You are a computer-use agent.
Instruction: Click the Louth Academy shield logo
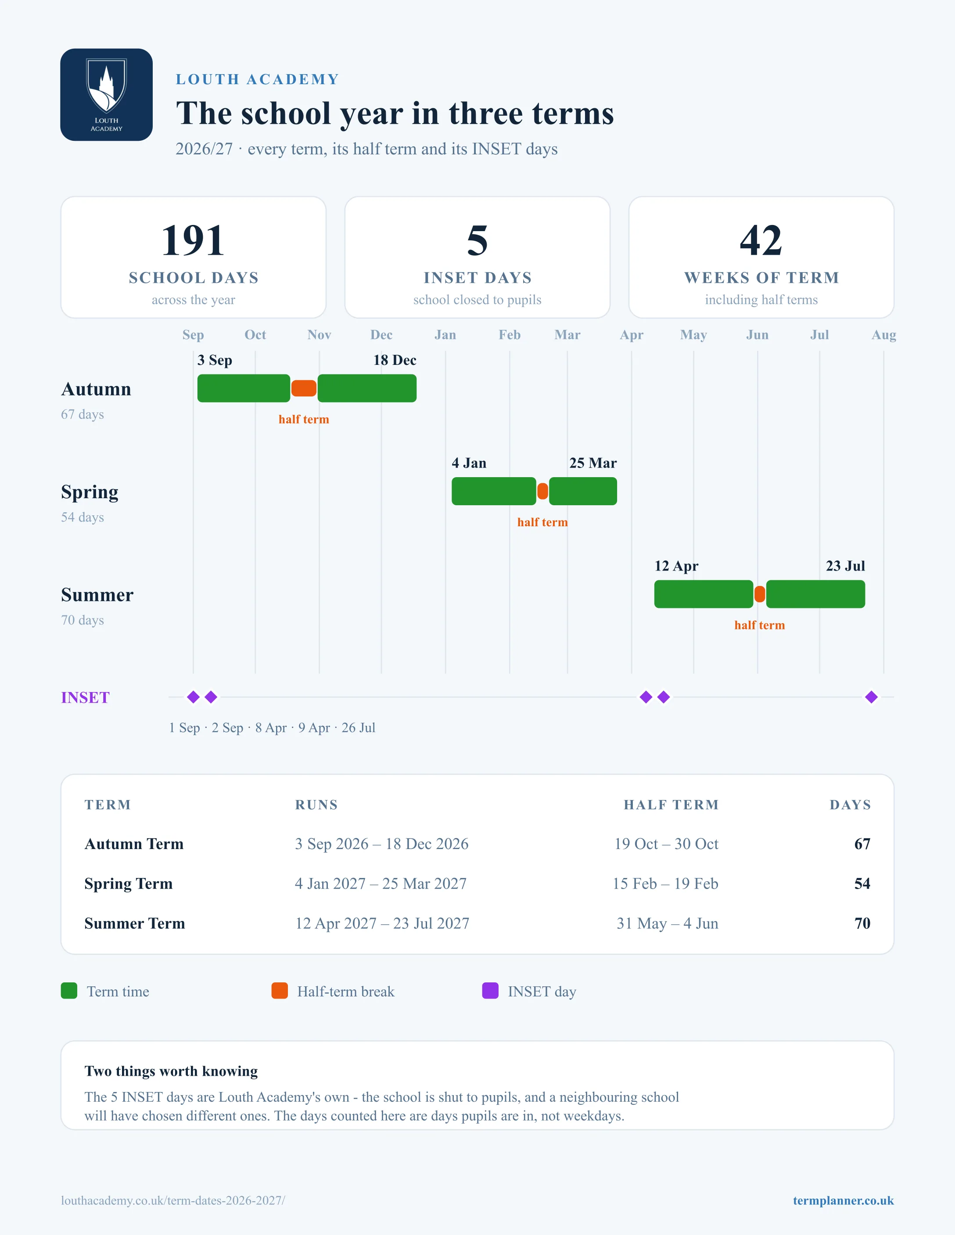coord(106,94)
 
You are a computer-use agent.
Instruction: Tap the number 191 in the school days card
coord(193,240)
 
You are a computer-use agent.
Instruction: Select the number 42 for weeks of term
coord(761,240)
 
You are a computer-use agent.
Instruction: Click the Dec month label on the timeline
coord(381,335)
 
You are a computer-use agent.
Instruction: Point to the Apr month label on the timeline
coord(632,335)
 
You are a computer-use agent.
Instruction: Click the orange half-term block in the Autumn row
coord(304,389)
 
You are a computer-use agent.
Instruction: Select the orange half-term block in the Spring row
coord(542,491)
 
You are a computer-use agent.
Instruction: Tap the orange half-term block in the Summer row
coord(760,594)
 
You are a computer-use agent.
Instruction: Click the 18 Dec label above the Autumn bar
coord(395,360)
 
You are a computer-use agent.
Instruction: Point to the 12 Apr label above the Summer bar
coord(677,566)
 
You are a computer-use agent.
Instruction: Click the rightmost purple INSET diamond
coord(871,697)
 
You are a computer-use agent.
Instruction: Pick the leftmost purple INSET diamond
coord(194,697)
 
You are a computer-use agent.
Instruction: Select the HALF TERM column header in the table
coord(671,805)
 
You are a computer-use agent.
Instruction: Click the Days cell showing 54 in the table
coord(862,883)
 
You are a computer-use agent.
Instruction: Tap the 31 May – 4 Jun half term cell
coord(668,924)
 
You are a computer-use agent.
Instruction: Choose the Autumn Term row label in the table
coord(134,844)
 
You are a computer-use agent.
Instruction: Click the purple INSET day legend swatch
coord(491,991)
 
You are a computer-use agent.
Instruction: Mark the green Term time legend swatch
coord(69,991)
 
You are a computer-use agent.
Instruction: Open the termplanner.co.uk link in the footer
coord(844,1200)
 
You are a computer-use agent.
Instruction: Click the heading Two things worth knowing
coord(171,1071)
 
